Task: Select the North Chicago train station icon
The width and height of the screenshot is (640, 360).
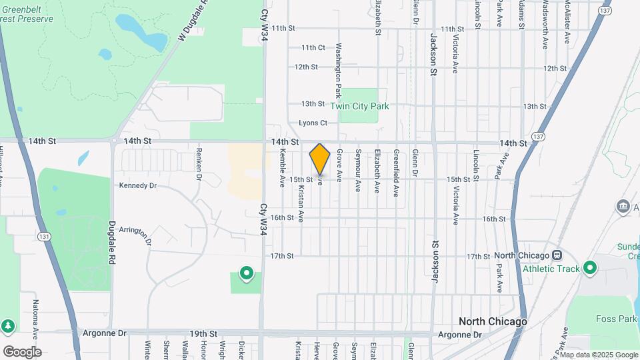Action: [x=557, y=256]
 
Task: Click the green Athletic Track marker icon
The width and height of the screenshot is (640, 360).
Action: [x=589, y=269]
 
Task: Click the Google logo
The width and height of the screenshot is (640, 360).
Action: [x=22, y=351]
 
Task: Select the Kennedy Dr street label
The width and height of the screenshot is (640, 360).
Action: [x=138, y=185]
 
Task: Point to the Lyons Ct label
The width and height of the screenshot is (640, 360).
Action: [x=313, y=123]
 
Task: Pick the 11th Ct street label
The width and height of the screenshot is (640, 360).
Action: [x=313, y=48]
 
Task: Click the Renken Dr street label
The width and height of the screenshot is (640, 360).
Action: [x=199, y=164]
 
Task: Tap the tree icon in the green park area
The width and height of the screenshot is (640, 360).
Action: [x=7, y=326]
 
